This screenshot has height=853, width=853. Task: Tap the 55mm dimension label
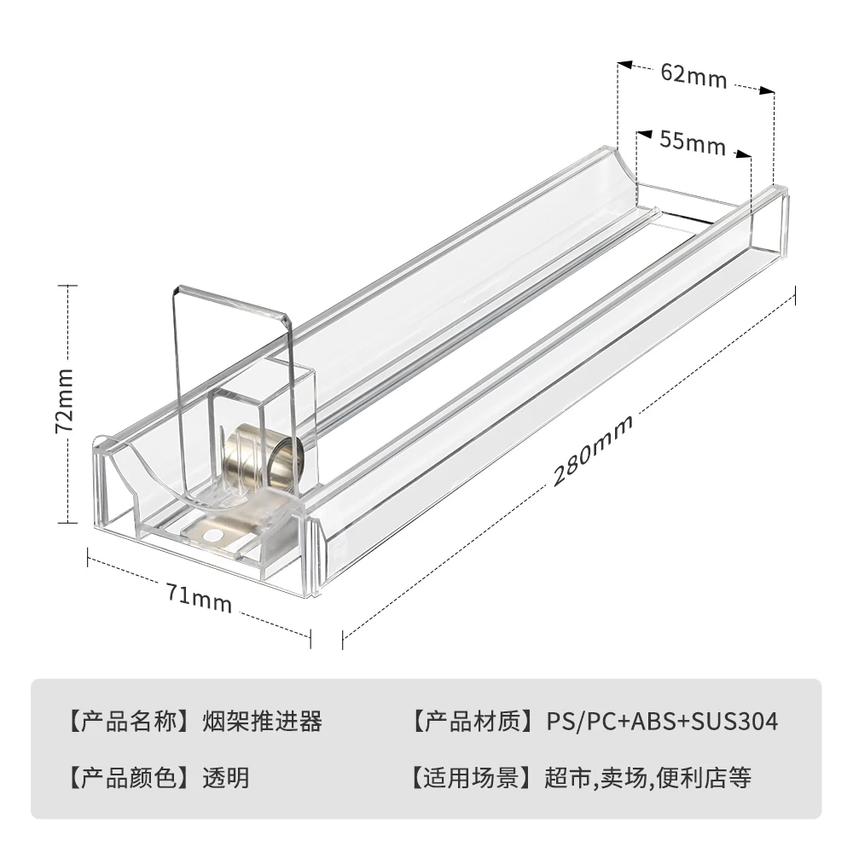[x=692, y=142]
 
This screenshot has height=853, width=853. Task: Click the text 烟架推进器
[x=263, y=722]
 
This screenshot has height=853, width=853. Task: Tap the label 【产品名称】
[x=129, y=722]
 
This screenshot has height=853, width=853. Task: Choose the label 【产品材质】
[x=473, y=722]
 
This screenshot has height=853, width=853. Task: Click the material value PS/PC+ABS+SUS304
[x=662, y=722]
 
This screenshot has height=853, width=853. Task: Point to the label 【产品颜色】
[x=129, y=777]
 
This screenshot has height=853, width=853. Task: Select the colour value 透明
[x=226, y=777]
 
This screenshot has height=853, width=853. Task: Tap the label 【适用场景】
[x=473, y=777]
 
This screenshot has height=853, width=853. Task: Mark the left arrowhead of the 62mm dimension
[x=624, y=64]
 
